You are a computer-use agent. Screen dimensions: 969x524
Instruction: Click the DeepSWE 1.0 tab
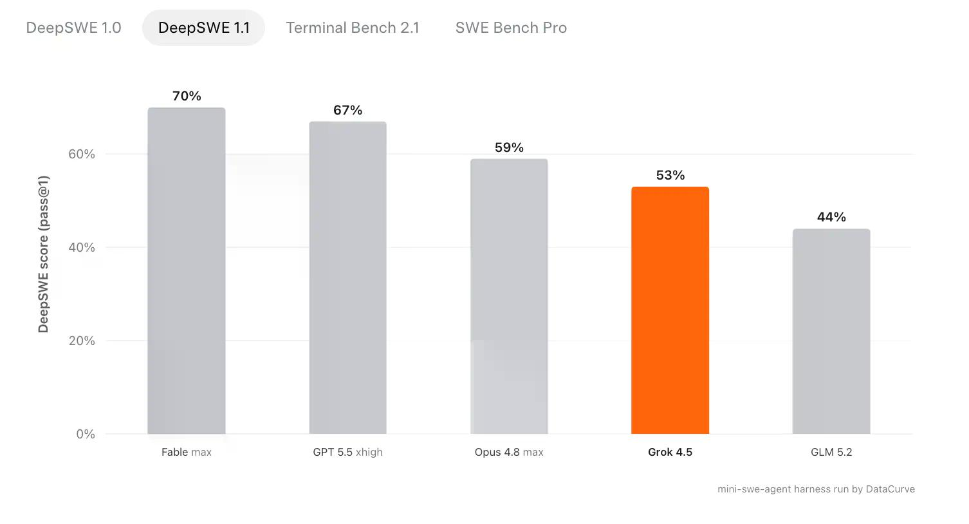73,28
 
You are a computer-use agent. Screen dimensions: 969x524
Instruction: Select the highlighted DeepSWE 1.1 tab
204,28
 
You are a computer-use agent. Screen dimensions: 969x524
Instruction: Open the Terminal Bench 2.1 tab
353,28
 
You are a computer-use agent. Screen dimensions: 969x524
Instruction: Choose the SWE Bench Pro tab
511,28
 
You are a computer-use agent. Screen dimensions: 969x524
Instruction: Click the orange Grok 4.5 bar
670,310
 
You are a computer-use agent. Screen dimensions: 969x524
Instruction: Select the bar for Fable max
187,270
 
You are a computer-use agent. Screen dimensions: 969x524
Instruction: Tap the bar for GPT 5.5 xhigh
348,277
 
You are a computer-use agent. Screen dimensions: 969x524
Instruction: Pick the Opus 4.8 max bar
509,296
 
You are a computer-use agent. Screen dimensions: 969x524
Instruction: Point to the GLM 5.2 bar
831,331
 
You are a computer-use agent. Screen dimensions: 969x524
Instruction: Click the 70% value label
187,96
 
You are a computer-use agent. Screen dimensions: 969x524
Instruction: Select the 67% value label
348,110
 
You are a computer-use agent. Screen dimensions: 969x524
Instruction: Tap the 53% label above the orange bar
670,175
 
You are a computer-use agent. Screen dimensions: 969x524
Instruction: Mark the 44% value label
831,217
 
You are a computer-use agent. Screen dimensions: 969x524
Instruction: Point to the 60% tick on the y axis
82,154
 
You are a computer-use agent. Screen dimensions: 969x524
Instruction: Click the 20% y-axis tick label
82,341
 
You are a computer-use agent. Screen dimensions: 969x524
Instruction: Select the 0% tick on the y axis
86,434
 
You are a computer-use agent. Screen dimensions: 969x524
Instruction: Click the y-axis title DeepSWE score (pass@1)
44,254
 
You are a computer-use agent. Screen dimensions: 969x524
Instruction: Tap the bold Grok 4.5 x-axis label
670,452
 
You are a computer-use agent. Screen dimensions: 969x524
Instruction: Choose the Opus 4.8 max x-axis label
509,452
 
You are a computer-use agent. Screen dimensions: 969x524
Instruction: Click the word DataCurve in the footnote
891,489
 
